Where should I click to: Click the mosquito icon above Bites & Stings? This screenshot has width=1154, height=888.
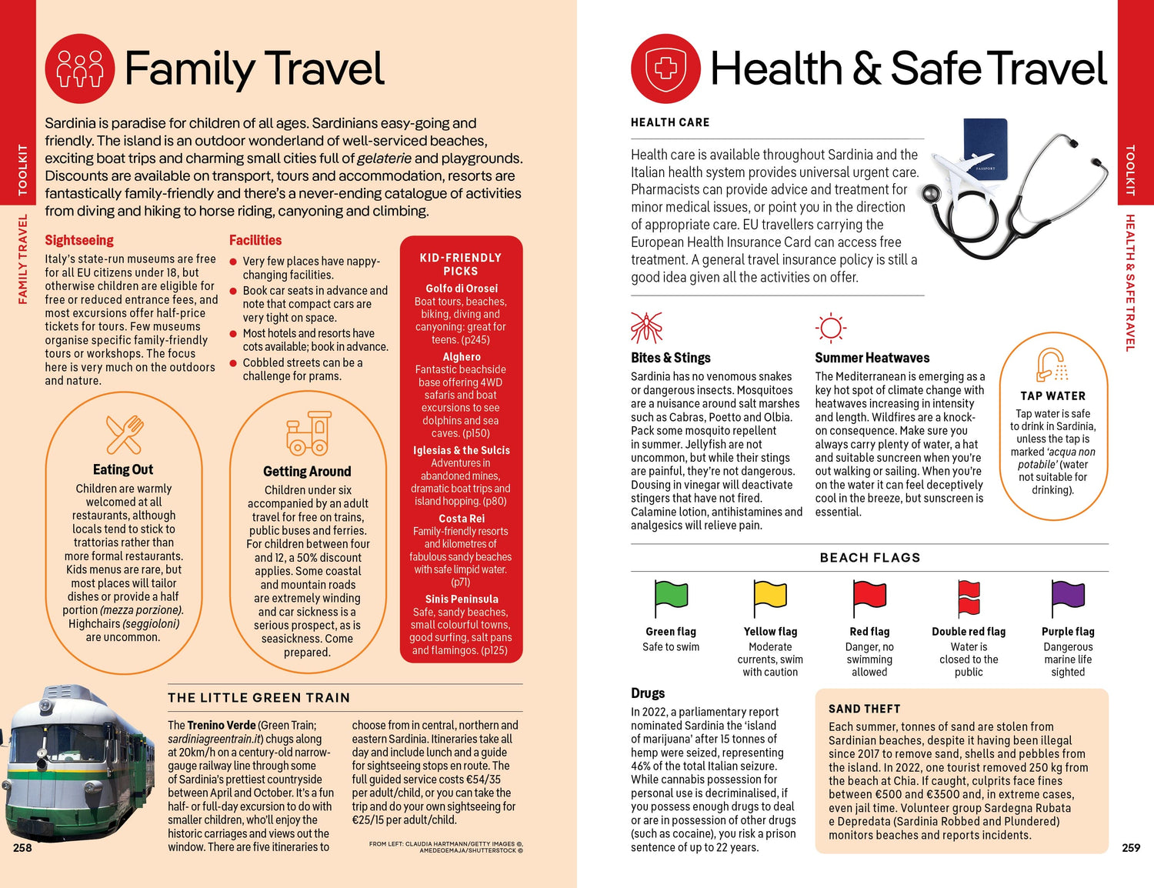[x=646, y=328]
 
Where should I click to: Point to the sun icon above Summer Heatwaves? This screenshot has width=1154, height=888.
[x=830, y=328]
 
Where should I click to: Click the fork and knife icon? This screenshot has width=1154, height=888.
[x=124, y=434]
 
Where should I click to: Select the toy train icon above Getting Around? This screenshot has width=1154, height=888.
[x=308, y=433]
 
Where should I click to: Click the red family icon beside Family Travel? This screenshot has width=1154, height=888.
[x=80, y=68]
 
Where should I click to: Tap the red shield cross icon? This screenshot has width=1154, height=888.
[x=665, y=68]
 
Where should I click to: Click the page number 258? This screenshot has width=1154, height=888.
[x=22, y=848]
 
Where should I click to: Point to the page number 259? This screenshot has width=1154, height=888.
[x=1131, y=848]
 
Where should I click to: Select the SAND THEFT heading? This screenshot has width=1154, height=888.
[x=864, y=709]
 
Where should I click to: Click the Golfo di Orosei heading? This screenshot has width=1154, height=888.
[x=462, y=289]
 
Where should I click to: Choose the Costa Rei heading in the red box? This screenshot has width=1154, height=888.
[x=462, y=519]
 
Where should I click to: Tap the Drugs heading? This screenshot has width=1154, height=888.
[x=648, y=693]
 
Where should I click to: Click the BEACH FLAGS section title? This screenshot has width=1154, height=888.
[x=869, y=558]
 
